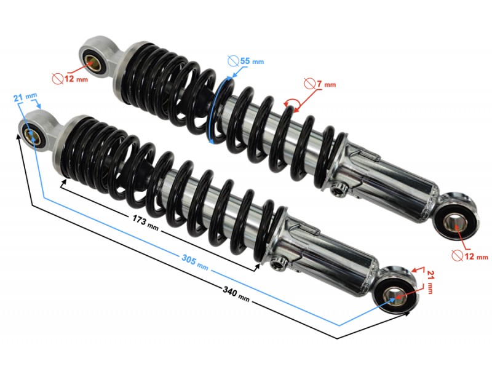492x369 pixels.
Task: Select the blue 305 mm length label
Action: coord(192,261)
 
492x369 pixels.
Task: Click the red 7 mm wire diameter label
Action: coord(325,84)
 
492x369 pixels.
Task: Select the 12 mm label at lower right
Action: coord(475,256)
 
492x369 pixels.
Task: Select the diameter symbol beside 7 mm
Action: coord(311,84)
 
